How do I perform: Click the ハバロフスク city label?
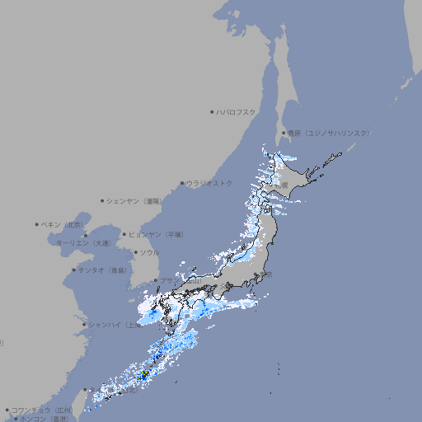pyautogui.click(x=237, y=111)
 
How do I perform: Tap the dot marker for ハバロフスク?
pyautogui.click(x=213, y=111)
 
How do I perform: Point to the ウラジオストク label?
pyautogui.click(x=209, y=183)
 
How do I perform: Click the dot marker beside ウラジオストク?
pyautogui.click(x=182, y=184)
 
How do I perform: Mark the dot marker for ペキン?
pyautogui.click(x=37, y=224)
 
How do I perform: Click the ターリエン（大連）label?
pyautogui.click(x=83, y=243)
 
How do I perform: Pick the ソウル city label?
pyautogui.click(x=149, y=252)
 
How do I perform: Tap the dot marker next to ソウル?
pyautogui.click(x=135, y=253)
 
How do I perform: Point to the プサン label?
pyautogui.click(x=168, y=280)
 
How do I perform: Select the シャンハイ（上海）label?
pyautogui.click(x=112, y=325)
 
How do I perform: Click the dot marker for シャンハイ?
pyautogui.click(x=84, y=325)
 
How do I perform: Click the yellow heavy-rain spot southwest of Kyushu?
pyautogui.click(x=145, y=375)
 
